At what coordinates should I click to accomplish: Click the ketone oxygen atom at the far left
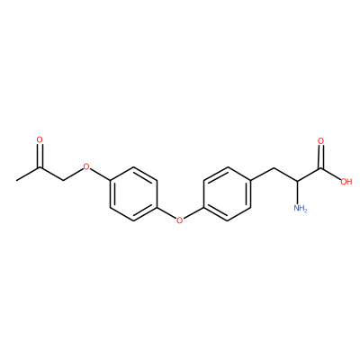pyautogui.click(x=40, y=139)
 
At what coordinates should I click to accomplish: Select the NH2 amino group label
pyautogui.click(x=301, y=208)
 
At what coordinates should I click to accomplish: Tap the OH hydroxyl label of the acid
pyautogui.click(x=346, y=182)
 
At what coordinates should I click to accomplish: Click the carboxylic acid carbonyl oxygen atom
pyautogui.click(x=321, y=140)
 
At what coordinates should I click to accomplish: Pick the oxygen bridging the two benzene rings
pyautogui.click(x=179, y=220)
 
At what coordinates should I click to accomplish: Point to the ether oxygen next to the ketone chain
pyautogui.click(x=86, y=166)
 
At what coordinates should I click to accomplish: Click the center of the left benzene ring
pyautogui.click(x=133, y=194)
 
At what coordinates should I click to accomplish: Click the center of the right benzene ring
pyautogui.click(x=227, y=194)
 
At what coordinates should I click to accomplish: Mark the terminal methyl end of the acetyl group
pyautogui.click(x=17, y=181)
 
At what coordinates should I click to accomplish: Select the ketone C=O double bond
pyautogui.click(x=40, y=156)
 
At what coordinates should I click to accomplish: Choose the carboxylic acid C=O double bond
pyautogui.click(x=321, y=157)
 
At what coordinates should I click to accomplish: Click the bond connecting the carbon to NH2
pyautogui.click(x=298, y=193)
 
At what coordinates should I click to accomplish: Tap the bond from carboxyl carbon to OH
pyautogui.click(x=331, y=174)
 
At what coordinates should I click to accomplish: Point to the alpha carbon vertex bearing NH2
pyautogui.click(x=298, y=181)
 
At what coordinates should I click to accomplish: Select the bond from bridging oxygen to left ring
pyautogui.click(x=166, y=213)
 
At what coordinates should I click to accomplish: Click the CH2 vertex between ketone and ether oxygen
pyautogui.click(x=63, y=181)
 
